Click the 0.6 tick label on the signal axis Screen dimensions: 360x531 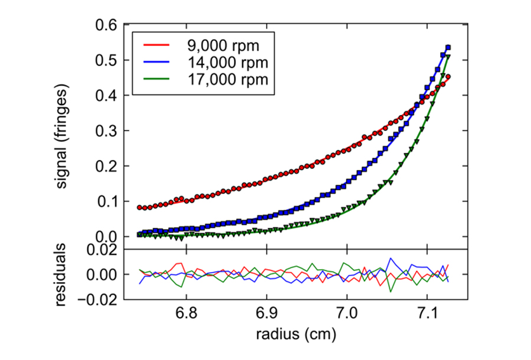106,25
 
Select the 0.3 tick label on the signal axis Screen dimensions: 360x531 106,131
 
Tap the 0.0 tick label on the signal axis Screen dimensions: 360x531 106,237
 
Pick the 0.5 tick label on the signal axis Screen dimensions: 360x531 106,61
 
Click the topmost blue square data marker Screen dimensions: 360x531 448,47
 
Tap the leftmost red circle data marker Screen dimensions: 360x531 140,207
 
